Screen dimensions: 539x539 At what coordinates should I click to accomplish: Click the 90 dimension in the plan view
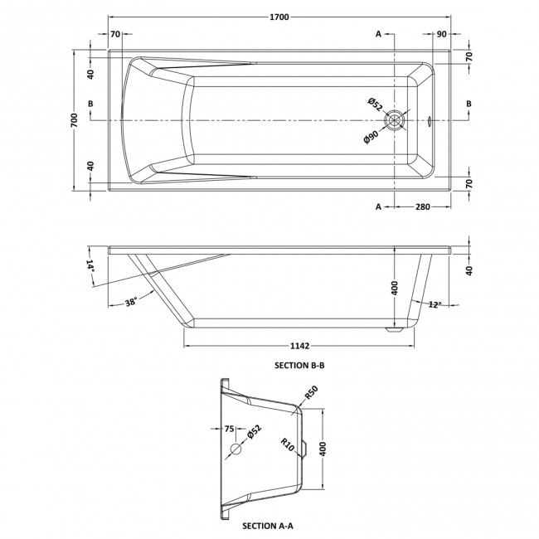pos(441,34)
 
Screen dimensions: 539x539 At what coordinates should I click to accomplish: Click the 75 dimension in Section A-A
pos(229,429)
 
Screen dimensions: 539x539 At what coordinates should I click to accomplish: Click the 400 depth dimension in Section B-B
pos(396,288)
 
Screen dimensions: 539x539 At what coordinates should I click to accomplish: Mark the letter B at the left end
pos(90,103)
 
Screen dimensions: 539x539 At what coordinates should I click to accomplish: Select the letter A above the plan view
pos(378,34)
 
